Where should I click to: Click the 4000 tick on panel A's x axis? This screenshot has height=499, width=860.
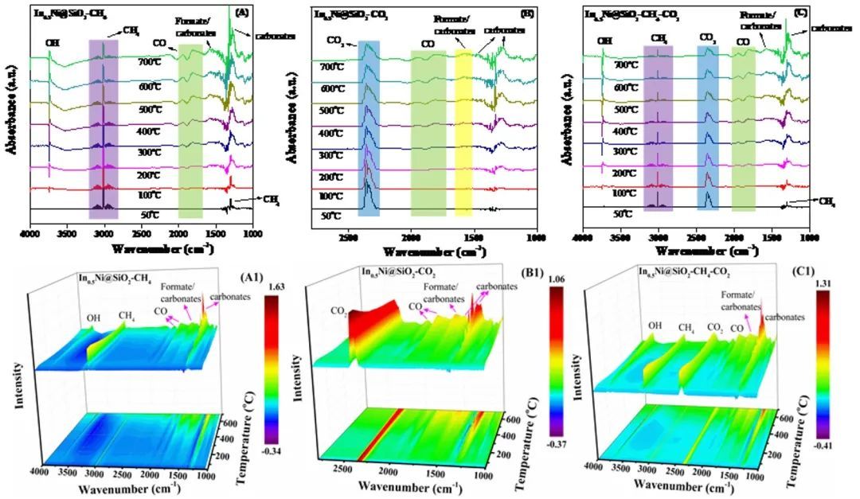pos(30,234)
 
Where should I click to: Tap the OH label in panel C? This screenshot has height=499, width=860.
pos(605,40)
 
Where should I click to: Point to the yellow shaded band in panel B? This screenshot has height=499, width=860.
pos(463,127)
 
